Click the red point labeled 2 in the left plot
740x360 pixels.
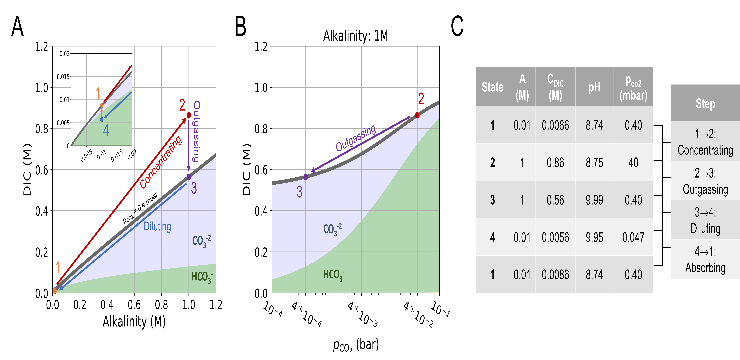click(189, 115)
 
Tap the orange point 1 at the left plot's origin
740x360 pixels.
click(55, 291)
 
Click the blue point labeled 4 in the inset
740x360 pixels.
click(102, 119)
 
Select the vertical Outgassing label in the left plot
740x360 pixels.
click(196, 131)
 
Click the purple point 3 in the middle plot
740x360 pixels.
click(306, 177)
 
